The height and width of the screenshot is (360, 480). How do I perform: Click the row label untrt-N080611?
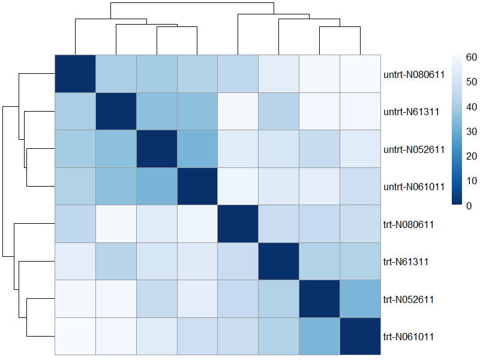coord(413,75)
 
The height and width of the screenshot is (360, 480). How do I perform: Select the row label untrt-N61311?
coord(409,112)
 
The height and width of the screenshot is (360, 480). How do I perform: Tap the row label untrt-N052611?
coord(413,149)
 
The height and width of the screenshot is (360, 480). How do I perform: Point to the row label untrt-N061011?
coord(413,187)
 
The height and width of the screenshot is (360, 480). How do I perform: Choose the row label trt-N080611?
coord(408,224)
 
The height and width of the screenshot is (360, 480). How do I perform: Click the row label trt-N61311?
coord(404,262)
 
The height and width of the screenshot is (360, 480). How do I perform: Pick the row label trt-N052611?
coord(408,299)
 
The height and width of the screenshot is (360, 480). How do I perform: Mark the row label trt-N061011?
coord(408,337)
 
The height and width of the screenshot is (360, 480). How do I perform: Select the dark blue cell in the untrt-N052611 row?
coord(157,149)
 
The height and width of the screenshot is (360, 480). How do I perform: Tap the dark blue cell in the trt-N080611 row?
coord(238,224)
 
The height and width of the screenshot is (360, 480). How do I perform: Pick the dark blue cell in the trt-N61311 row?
coord(279,261)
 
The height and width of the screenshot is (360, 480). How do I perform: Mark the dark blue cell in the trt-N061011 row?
coord(360,336)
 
